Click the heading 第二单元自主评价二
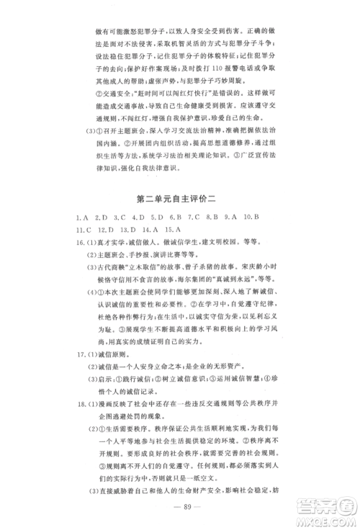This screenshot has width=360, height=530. click(x=180, y=196)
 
